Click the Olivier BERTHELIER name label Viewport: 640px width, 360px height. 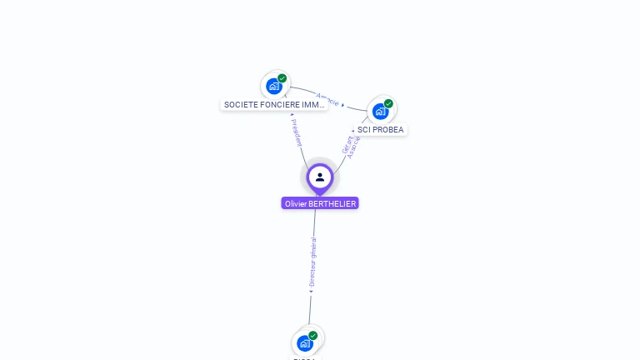[320, 203]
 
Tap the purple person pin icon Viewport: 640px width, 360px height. [320, 177]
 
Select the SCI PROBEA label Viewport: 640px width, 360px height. [381, 130]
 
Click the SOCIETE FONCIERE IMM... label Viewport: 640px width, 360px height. [274, 105]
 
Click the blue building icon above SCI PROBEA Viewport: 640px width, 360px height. [380, 111]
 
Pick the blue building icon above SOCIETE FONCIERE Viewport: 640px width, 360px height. [273, 86]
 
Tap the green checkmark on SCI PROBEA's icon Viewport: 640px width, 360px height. [388, 103]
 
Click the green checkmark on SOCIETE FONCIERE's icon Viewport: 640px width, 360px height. [282, 78]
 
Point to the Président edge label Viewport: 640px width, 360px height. [297, 132]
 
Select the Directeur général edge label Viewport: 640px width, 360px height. [312, 262]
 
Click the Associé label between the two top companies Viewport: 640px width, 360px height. [327, 98]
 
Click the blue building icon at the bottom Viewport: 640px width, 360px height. [304, 343]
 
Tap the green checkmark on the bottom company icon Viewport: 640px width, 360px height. [313, 335]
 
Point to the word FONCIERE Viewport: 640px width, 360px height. [277, 105]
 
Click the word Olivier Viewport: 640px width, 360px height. [295, 203]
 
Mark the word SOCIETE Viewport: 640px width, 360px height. [239, 105]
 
